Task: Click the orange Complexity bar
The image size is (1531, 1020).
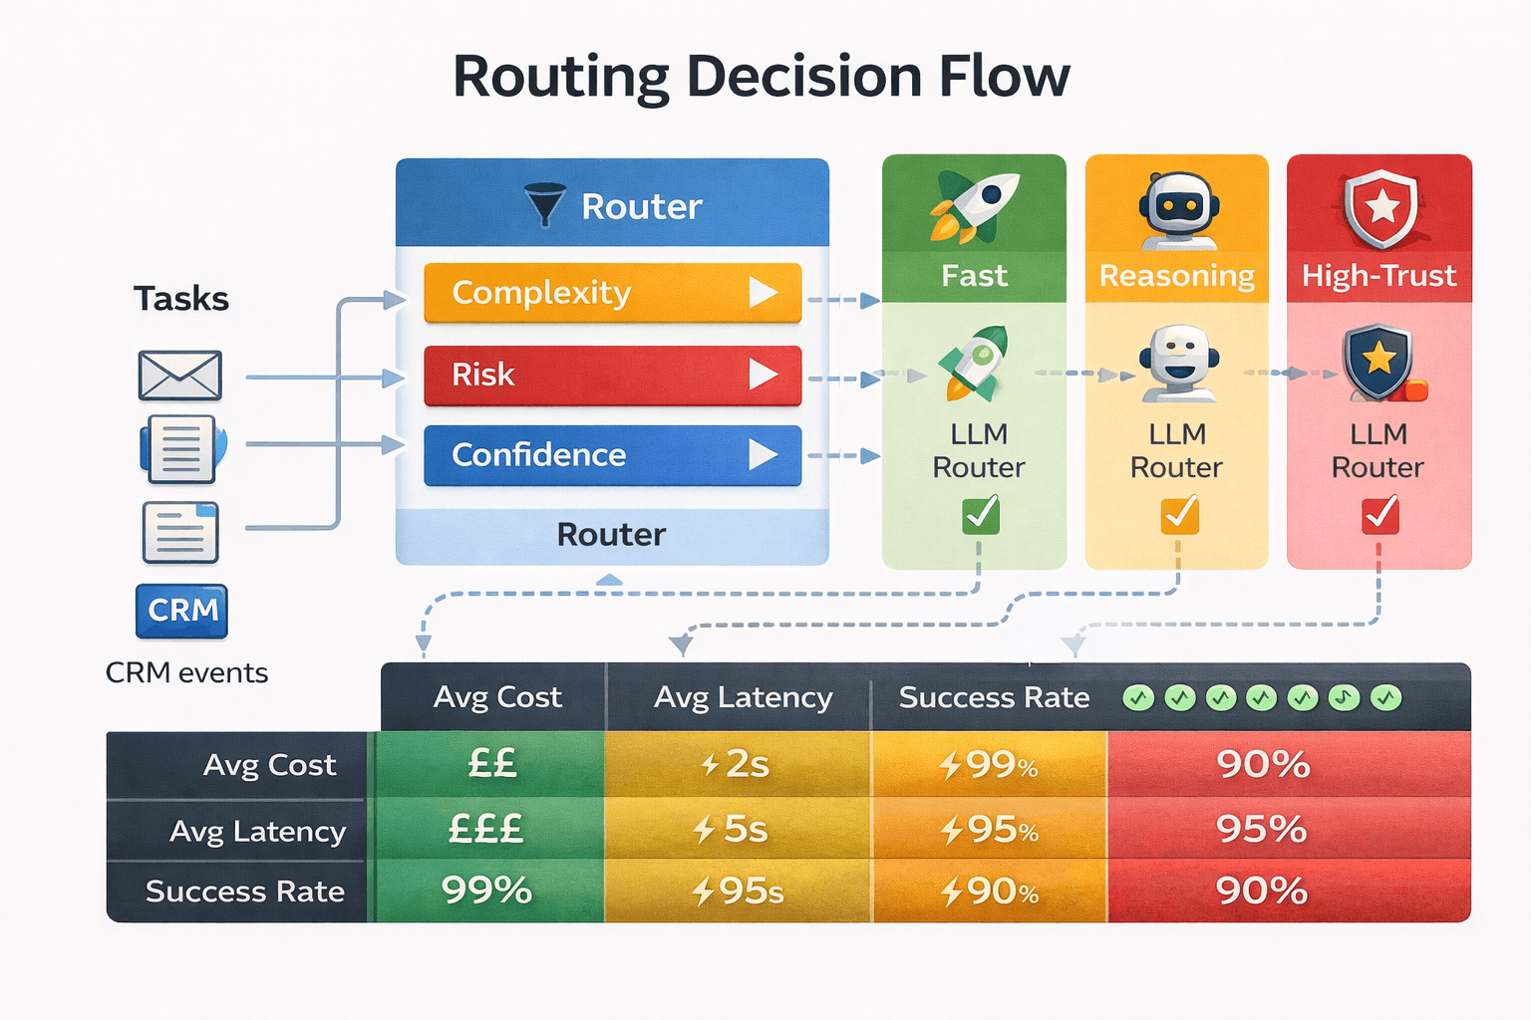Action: coord(612,293)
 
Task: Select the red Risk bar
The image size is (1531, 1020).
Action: coord(612,376)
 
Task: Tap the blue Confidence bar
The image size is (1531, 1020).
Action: coord(612,455)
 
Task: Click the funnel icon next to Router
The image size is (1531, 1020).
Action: coord(544,204)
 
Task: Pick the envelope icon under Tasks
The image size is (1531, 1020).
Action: coord(179,376)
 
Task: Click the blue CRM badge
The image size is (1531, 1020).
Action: coord(181,611)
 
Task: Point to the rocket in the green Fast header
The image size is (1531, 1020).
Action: coord(974,206)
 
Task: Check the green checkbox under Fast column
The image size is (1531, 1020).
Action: coord(980,516)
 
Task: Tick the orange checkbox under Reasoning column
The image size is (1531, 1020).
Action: coord(1179,516)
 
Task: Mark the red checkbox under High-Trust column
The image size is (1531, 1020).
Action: coord(1379,516)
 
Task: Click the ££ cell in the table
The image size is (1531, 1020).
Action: coord(491,764)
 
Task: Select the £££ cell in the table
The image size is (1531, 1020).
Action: coord(485,829)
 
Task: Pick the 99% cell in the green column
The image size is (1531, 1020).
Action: coord(486,890)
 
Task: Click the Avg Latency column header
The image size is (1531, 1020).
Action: coord(743,697)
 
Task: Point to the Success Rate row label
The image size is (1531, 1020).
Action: coord(244,892)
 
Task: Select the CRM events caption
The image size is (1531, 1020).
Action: coord(186,673)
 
